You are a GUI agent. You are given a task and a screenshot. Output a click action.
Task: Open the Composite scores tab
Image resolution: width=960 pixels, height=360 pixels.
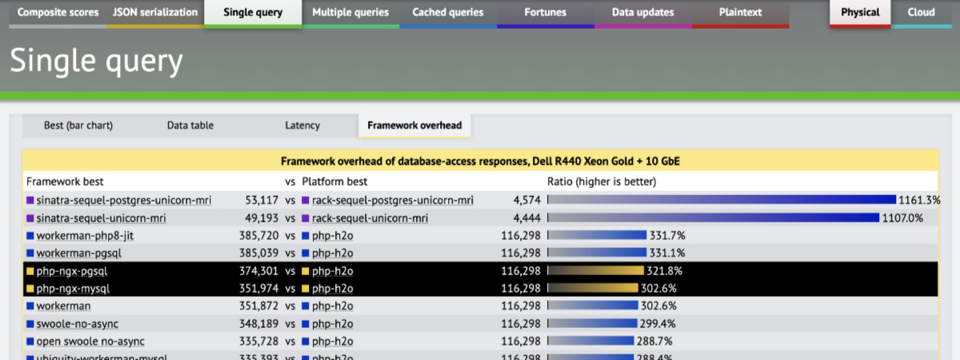(58, 13)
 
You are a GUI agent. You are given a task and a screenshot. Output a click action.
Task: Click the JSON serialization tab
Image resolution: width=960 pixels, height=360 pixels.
(155, 13)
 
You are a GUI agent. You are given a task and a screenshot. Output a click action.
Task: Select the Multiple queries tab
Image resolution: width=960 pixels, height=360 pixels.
(350, 13)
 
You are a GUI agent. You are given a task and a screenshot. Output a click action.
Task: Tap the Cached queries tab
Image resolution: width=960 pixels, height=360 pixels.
(448, 13)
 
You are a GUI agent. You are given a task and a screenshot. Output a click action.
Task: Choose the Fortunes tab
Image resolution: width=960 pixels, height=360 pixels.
(546, 13)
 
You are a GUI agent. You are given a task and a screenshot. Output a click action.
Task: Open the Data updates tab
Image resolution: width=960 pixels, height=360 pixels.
(642, 13)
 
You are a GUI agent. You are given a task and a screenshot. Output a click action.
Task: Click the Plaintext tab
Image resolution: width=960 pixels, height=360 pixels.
(740, 13)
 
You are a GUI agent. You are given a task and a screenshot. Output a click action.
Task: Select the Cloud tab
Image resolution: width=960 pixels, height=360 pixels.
(921, 13)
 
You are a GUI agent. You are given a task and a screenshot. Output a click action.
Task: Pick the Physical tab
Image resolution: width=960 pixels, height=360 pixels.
(860, 13)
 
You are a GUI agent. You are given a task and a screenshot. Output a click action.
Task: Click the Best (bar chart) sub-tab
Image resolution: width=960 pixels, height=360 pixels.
(78, 126)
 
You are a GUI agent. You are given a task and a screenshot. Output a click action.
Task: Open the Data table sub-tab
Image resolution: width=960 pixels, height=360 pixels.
(190, 126)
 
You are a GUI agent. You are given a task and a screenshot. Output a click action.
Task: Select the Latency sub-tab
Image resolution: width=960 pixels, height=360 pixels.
(302, 126)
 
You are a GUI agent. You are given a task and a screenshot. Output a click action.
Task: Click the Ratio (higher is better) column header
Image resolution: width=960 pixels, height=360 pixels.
(602, 182)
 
